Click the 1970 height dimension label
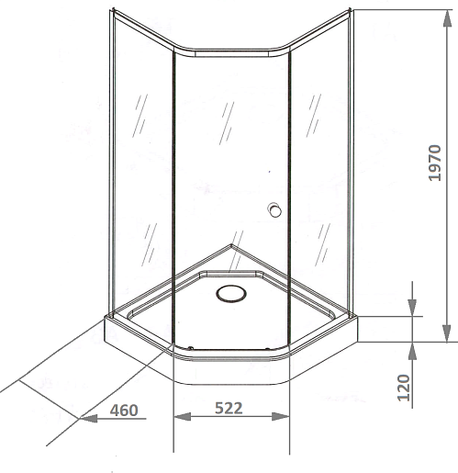tap(435, 163)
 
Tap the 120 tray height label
tap(403, 388)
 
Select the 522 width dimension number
tap(229, 408)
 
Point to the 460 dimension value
tap(124, 411)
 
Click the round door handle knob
tap(274, 210)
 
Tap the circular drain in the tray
tap(231, 294)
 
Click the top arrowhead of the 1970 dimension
tap(447, 18)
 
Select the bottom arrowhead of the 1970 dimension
tap(447, 333)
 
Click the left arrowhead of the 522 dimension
tap(183, 417)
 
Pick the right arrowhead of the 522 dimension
tap(281, 417)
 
